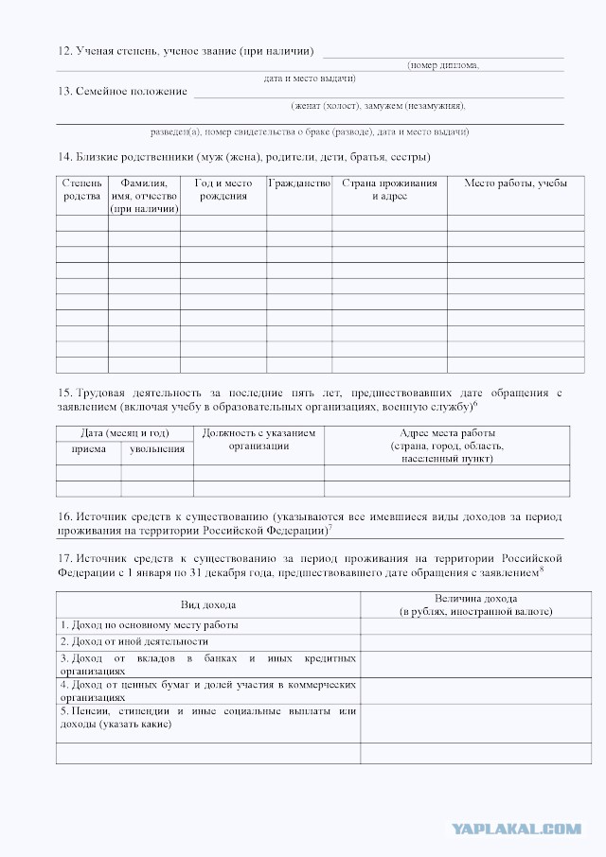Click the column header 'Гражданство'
pyautogui.click(x=298, y=183)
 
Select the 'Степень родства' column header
pyautogui.click(x=81, y=189)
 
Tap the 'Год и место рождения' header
pyautogui.click(x=223, y=189)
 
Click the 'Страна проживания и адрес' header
pyautogui.click(x=389, y=189)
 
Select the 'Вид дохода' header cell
pyautogui.click(x=208, y=604)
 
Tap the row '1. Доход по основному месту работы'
pyautogui.click(x=150, y=625)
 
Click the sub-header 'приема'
pyautogui.click(x=89, y=448)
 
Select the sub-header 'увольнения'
pyautogui.click(x=157, y=448)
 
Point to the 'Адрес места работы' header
pyautogui.click(x=447, y=445)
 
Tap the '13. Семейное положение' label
pyautogui.click(x=122, y=92)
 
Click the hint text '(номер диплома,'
pyautogui.click(x=443, y=65)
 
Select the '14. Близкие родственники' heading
pyautogui.click(x=243, y=156)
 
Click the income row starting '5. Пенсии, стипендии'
pyautogui.click(x=208, y=717)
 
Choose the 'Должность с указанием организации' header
pyautogui.click(x=258, y=439)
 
